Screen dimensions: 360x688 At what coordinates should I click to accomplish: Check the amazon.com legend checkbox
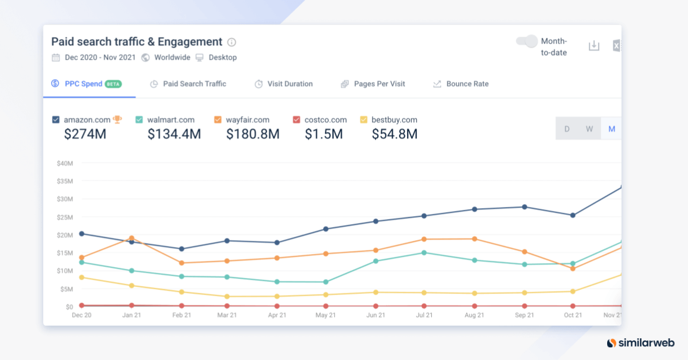pyautogui.click(x=56, y=120)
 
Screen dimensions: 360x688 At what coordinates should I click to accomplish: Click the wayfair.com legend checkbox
pyautogui.click(x=218, y=120)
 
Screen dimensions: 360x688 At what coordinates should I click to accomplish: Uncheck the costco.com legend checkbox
pyautogui.click(x=296, y=120)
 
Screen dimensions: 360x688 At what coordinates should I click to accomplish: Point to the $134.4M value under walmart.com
pyautogui.click(x=174, y=134)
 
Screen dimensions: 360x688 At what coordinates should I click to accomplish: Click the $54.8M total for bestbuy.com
pyautogui.click(x=394, y=134)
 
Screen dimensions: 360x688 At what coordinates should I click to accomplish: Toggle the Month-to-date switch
pyautogui.click(x=526, y=41)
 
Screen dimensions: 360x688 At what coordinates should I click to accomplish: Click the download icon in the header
pyautogui.click(x=594, y=46)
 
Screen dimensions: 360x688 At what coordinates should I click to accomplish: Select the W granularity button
pyautogui.click(x=589, y=128)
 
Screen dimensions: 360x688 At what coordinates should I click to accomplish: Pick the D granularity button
pyautogui.click(x=567, y=128)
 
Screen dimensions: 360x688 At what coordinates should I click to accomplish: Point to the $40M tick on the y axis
pyautogui.click(x=65, y=163)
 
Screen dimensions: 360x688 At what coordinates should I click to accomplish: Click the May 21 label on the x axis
pyautogui.click(x=326, y=315)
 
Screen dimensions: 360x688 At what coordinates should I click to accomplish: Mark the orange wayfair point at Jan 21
pyautogui.click(x=132, y=238)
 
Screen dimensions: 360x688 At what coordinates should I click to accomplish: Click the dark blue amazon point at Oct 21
pyautogui.click(x=572, y=216)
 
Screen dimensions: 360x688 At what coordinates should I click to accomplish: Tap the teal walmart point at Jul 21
pyautogui.click(x=424, y=253)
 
